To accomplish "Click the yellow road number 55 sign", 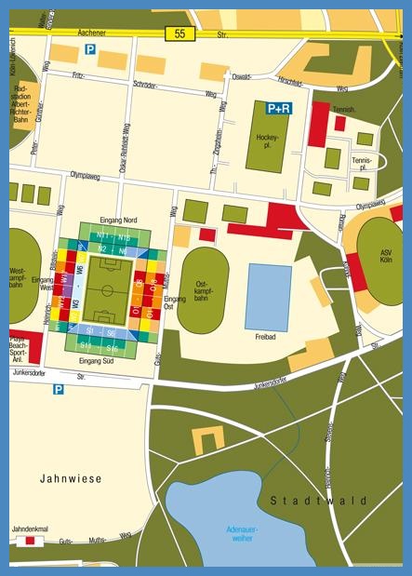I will click(180, 33).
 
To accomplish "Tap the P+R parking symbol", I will click(278, 109).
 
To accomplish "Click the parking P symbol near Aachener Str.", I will click(90, 49).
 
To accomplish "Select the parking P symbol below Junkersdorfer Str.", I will click(59, 390).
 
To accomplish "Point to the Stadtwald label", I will click(319, 501).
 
